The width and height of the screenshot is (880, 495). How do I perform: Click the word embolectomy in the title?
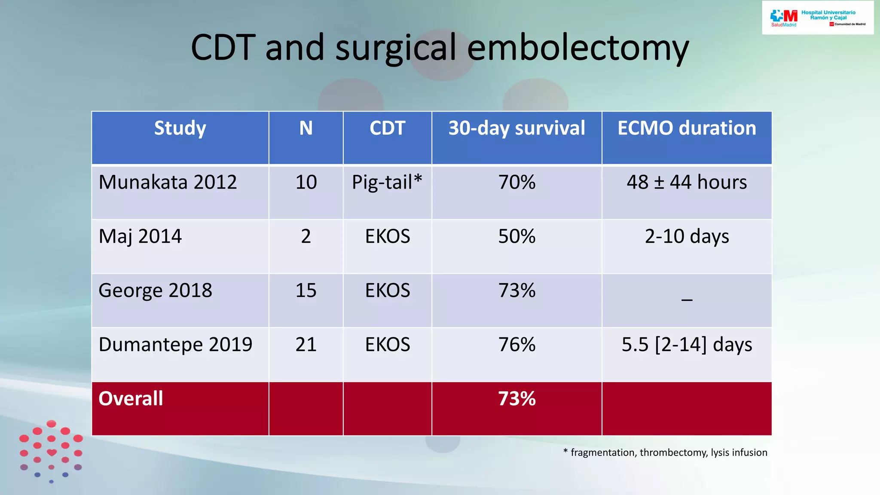tap(577, 48)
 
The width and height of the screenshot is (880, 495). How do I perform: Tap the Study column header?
tap(180, 128)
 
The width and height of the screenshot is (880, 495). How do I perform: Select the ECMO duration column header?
tap(687, 128)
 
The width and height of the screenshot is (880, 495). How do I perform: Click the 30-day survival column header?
tap(516, 128)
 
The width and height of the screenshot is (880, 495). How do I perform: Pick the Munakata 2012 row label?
tap(168, 182)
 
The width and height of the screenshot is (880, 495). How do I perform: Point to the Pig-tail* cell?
tap(387, 182)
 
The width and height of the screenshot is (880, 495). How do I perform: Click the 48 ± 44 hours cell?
tap(687, 182)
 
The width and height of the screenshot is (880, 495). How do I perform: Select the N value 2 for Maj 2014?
tap(306, 236)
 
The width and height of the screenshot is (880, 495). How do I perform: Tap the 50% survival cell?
tap(516, 236)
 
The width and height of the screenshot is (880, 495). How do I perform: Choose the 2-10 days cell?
tap(687, 236)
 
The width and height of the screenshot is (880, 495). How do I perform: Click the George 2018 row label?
tap(155, 290)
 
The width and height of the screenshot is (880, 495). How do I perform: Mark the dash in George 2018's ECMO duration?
tap(687, 299)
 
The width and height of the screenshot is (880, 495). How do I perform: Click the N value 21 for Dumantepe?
tap(306, 345)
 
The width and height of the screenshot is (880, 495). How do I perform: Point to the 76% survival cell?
tap(516, 345)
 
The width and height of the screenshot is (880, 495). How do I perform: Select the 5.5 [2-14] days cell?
tap(687, 345)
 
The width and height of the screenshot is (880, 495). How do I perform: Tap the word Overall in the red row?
tap(131, 398)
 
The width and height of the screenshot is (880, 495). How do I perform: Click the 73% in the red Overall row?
tap(516, 398)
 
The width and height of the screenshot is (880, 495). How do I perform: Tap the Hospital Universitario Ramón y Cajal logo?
tap(817, 18)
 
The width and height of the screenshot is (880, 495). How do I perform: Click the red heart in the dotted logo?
tap(52, 452)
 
